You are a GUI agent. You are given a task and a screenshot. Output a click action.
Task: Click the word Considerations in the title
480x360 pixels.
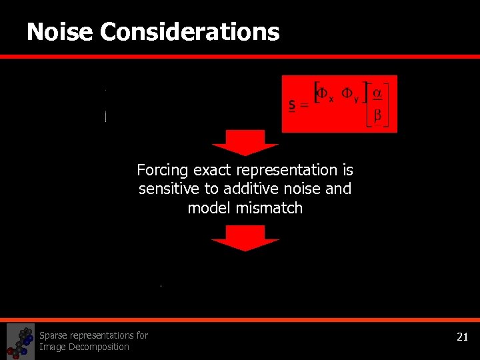click(x=190, y=31)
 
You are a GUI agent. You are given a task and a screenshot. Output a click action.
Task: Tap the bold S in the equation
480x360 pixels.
click(x=292, y=105)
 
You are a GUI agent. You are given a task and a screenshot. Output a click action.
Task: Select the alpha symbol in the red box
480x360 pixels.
click(x=377, y=92)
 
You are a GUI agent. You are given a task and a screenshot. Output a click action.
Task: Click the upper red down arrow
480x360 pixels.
click(x=245, y=143)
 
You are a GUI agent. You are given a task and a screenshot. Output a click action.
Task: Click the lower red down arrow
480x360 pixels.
click(x=245, y=238)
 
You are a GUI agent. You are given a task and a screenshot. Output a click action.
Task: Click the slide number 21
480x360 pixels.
click(x=462, y=337)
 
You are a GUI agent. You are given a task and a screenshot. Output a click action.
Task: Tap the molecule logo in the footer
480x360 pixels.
click(x=21, y=341)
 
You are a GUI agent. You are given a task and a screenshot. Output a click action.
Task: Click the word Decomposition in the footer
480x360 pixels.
click(x=97, y=347)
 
